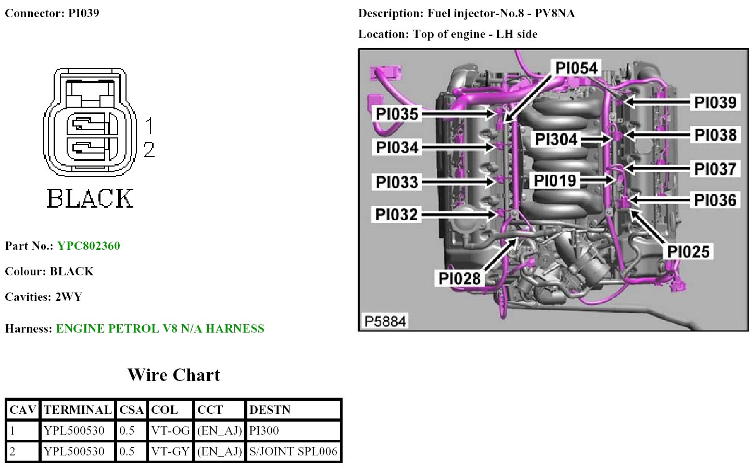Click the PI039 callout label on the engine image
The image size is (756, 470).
click(715, 102)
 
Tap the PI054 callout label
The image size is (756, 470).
click(576, 68)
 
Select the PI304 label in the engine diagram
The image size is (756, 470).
click(556, 139)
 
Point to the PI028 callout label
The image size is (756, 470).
click(459, 278)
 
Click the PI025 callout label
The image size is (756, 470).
click(688, 251)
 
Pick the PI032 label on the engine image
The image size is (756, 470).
click(396, 214)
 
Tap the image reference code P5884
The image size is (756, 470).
click(385, 321)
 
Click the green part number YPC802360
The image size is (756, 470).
click(89, 246)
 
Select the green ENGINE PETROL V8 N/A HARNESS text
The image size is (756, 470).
click(160, 328)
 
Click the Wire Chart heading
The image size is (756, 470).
click(173, 375)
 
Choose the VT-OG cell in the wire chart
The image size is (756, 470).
click(170, 430)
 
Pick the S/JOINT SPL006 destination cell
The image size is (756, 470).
click(293, 451)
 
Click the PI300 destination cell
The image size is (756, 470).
click(264, 430)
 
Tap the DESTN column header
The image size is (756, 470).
click(270, 410)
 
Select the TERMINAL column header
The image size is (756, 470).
click(78, 410)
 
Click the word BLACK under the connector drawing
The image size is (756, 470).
click(90, 198)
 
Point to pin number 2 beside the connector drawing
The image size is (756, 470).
click(149, 150)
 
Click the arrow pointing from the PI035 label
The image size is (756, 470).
click(458, 113)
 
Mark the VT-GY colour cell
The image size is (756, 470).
click(170, 451)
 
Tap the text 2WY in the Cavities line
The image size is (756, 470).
click(69, 297)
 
